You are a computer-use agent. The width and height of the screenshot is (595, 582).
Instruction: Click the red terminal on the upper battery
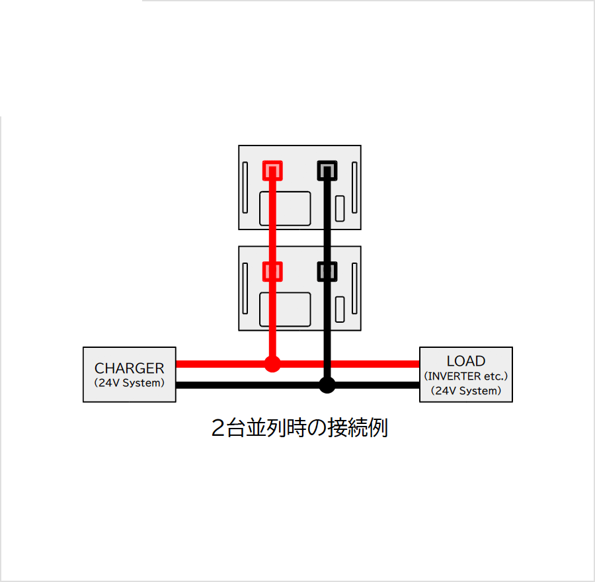click(272, 171)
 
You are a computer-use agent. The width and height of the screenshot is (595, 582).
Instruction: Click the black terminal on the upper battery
click(327, 171)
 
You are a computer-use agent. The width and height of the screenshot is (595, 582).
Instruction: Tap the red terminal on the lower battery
click(272, 271)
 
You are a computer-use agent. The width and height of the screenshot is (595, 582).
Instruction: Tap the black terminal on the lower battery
click(327, 271)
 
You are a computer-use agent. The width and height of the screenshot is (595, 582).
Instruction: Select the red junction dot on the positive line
click(272, 364)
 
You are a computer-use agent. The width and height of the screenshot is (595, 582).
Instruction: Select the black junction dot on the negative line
click(327, 386)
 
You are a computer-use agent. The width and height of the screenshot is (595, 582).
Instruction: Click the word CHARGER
click(130, 368)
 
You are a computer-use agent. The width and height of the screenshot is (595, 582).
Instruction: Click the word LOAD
click(466, 360)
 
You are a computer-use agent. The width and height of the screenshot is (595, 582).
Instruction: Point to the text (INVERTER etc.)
click(466, 376)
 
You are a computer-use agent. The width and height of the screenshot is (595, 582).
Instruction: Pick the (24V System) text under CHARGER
click(130, 383)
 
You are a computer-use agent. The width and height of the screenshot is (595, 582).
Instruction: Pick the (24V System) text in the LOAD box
click(466, 391)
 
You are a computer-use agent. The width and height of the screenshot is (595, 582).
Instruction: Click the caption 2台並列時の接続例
click(299, 428)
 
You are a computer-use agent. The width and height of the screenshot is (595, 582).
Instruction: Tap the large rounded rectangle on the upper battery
click(285, 208)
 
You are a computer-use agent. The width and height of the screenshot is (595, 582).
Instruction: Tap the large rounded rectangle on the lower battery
click(285, 310)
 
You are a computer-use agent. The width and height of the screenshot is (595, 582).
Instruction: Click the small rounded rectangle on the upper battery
click(340, 208)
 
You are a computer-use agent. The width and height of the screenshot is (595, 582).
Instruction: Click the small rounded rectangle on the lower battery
click(340, 310)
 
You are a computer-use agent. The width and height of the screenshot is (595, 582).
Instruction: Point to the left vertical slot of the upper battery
click(245, 188)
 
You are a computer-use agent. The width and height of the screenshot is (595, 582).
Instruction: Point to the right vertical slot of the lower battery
click(354, 288)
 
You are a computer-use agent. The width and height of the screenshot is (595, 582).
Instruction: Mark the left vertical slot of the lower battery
click(245, 288)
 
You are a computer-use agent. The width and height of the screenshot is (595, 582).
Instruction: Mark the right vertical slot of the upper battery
click(354, 188)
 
